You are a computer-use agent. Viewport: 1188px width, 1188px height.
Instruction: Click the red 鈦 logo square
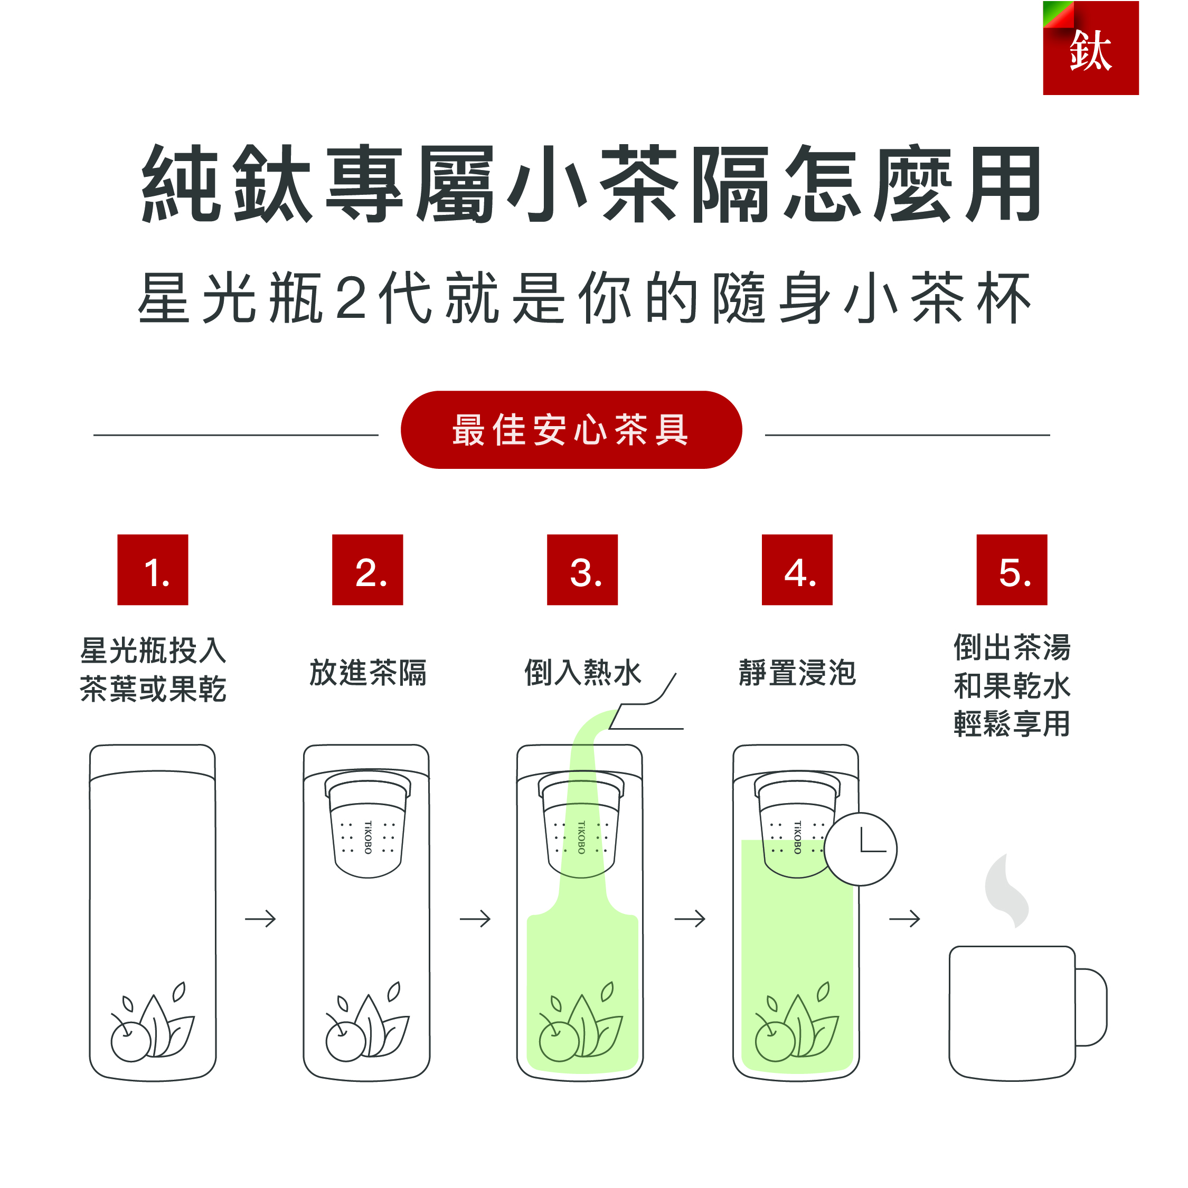point(1090,48)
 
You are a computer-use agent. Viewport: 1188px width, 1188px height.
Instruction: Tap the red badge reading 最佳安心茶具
point(571,430)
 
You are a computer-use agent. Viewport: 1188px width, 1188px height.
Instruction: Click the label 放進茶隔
point(367,673)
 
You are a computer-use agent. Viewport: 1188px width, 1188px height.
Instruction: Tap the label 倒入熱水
point(582,673)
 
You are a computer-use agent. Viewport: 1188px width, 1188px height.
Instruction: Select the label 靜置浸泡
point(797,673)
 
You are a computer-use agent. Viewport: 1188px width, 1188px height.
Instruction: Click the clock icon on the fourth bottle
point(860,849)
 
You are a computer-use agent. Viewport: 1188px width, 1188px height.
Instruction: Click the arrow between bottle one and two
point(260,919)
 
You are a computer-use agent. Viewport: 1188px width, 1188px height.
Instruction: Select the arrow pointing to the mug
point(904,919)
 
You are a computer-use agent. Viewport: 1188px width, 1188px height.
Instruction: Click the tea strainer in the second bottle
point(367,824)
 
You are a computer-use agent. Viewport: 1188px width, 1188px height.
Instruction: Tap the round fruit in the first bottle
point(130,1040)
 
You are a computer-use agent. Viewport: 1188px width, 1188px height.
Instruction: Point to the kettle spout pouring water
point(646,707)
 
